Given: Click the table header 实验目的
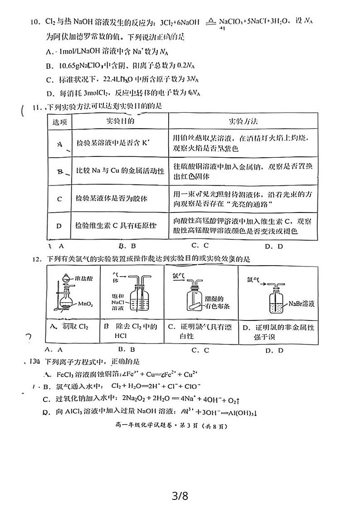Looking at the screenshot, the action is click(120, 121).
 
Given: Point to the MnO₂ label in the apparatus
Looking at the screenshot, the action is click(85, 303).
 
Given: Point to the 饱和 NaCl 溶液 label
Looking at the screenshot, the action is click(120, 301).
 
